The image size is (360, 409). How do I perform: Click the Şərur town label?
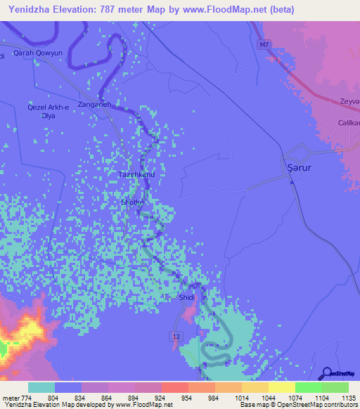click(x=299, y=167)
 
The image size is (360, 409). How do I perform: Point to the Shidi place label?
click(x=187, y=297)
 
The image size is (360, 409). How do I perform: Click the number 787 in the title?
click(x=115, y=9)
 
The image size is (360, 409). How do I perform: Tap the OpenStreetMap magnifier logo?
click(x=326, y=373)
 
